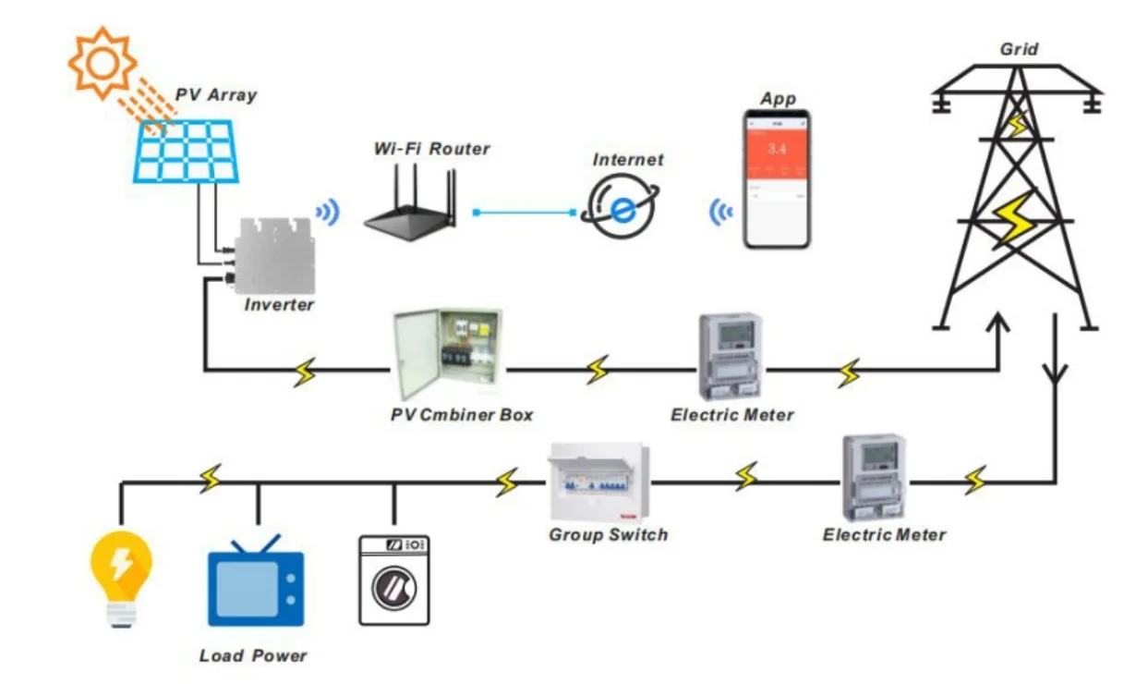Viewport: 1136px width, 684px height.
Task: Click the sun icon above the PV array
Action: [x=101, y=62]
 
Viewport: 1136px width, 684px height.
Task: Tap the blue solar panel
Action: [x=187, y=150]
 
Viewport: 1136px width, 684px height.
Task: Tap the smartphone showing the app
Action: [x=778, y=179]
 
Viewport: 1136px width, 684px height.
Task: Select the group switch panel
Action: [x=600, y=482]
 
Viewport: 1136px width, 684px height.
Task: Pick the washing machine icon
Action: [x=394, y=580]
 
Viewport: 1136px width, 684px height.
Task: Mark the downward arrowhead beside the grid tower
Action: [x=1054, y=374]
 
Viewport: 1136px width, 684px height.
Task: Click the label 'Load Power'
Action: [x=253, y=655]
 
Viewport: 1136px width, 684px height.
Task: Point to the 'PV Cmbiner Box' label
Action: [x=462, y=415]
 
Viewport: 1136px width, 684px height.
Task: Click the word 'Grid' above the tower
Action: [x=1019, y=49]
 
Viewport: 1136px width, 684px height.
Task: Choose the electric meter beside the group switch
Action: [x=874, y=477]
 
